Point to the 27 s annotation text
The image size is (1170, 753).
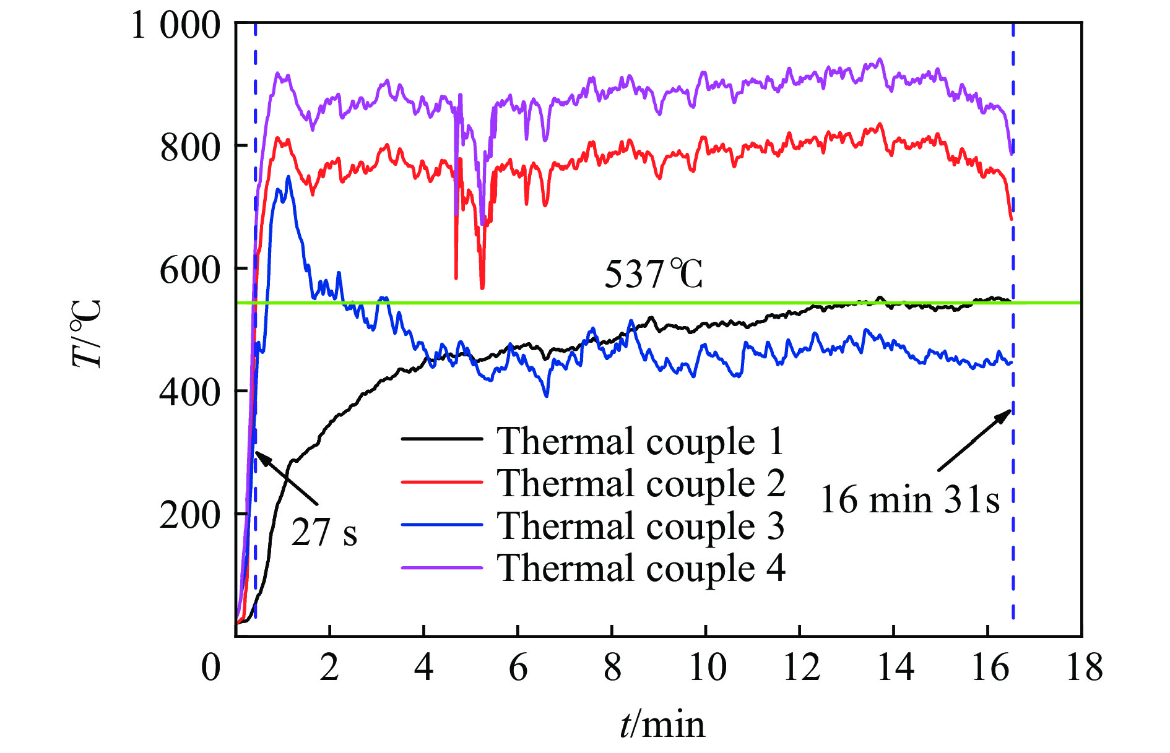click(x=324, y=532)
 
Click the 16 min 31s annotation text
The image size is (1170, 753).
click(x=909, y=500)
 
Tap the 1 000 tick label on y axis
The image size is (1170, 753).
click(x=176, y=26)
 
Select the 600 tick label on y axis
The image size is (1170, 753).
click(x=189, y=270)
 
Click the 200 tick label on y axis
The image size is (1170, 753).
click(x=189, y=515)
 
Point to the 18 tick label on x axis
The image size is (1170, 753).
click(x=1084, y=668)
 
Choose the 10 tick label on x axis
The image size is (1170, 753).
click(x=707, y=668)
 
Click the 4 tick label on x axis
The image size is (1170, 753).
click(x=423, y=668)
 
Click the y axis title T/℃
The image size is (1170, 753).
click(x=86, y=334)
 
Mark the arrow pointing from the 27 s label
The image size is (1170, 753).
click(x=287, y=478)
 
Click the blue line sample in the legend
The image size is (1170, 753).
click(x=441, y=525)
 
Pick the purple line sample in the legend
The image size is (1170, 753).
click(x=441, y=567)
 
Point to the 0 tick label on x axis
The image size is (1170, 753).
click(x=211, y=668)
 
